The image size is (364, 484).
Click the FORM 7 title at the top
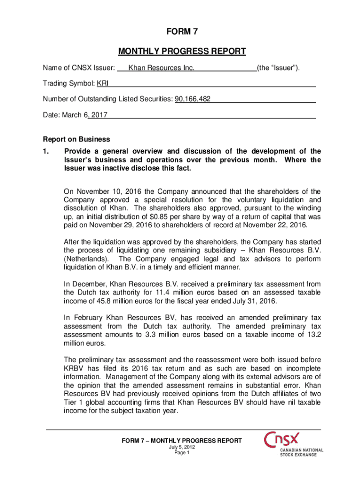point(182,32)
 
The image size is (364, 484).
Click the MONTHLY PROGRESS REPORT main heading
point(182,51)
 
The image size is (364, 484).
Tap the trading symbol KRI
point(103,84)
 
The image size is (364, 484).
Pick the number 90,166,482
point(193,99)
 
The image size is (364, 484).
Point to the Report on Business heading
point(76,139)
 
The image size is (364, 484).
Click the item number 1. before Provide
point(46,151)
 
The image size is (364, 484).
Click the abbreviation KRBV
point(75,369)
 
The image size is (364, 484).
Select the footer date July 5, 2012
point(182,447)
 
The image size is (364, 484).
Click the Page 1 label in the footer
point(182,453)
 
